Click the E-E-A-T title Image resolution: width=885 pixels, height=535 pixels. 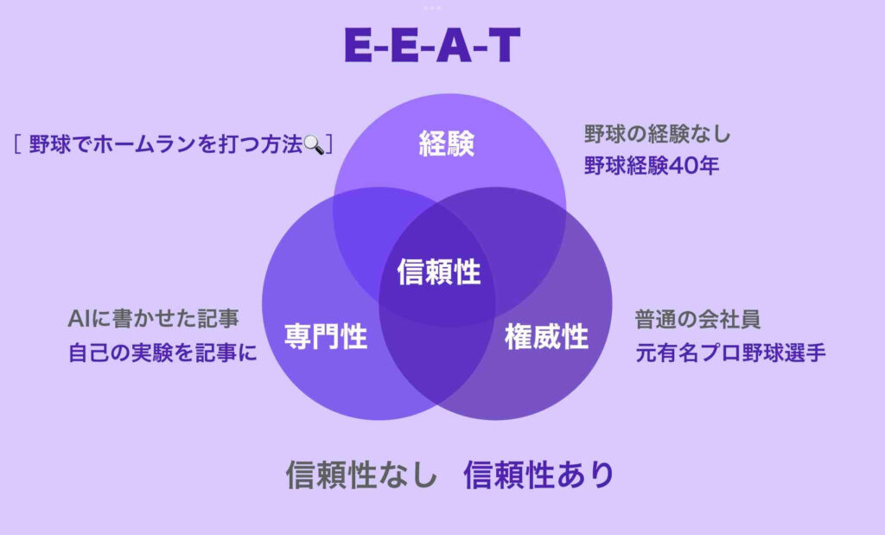click(432, 47)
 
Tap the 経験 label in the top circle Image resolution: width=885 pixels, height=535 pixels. click(447, 143)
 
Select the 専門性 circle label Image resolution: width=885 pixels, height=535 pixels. click(326, 336)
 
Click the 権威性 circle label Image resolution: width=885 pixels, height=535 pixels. click(546, 336)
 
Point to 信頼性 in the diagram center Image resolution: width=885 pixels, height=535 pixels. click(438, 272)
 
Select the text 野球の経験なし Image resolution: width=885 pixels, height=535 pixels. click(657, 134)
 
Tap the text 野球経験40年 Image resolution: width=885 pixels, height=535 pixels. click(652, 164)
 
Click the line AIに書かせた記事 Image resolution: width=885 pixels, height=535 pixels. click(152, 319)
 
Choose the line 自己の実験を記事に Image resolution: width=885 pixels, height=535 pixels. click(162, 353)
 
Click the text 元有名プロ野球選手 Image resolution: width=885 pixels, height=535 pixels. click(730, 353)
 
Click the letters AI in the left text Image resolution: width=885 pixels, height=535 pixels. click(77, 319)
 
